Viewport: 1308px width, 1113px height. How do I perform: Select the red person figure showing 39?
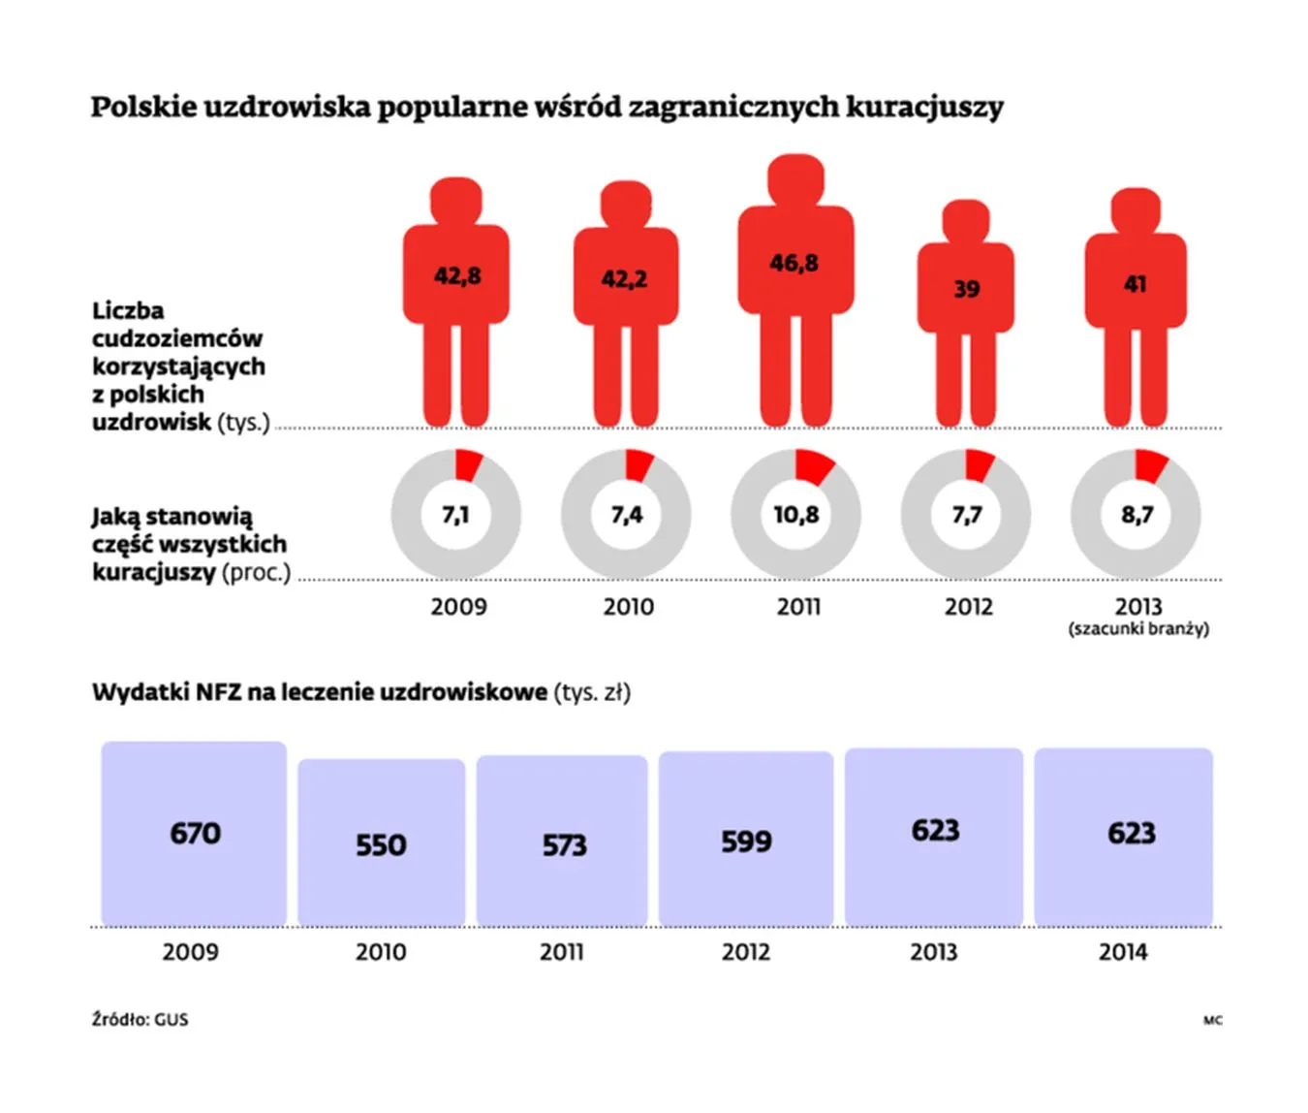(x=966, y=310)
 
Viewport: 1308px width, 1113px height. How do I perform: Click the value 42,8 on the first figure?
(x=457, y=276)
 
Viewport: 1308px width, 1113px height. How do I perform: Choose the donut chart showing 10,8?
(x=795, y=514)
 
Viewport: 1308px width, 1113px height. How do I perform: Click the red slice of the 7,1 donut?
(x=468, y=464)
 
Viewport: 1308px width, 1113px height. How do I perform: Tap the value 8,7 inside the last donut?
(x=1137, y=515)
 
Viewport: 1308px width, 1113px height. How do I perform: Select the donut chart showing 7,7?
(x=966, y=514)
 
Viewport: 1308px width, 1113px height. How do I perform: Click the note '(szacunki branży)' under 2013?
(x=1138, y=629)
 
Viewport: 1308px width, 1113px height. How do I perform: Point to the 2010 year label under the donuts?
(x=628, y=607)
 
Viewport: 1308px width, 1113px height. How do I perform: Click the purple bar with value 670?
(x=194, y=834)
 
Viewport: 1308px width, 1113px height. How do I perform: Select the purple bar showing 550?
(x=381, y=843)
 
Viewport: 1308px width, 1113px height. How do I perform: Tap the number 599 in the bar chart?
(x=746, y=842)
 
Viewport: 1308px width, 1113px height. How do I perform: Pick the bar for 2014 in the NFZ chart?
(x=1124, y=836)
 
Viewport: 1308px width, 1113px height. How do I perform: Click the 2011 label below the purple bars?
(x=562, y=952)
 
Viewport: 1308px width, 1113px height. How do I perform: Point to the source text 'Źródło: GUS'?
(x=140, y=1020)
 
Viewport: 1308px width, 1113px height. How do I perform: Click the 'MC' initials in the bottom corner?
(x=1212, y=1020)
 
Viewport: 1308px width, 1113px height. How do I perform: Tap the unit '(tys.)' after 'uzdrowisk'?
(x=243, y=423)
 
